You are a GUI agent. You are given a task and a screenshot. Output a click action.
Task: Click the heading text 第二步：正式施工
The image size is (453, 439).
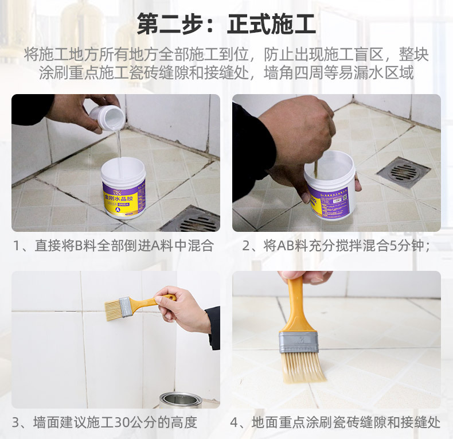pyautogui.click(x=226, y=24)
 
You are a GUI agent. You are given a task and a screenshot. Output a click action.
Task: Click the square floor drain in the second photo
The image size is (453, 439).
pyautogui.click(x=403, y=172)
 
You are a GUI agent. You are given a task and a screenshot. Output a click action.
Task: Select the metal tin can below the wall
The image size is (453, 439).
pyautogui.click(x=181, y=400)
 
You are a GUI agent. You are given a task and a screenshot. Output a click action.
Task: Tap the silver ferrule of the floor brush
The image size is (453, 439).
pyautogui.click(x=298, y=342)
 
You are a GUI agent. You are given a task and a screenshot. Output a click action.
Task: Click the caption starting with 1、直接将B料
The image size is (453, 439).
pyautogui.click(x=114, y=246)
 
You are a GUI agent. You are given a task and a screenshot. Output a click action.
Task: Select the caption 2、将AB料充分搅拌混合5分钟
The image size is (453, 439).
pyautogui.click(x=336, y=246)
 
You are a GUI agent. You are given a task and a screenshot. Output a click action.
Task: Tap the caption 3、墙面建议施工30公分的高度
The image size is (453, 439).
pyautogui.click(x=105, y=423)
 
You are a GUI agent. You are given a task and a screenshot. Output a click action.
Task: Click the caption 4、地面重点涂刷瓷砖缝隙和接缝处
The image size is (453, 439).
pyautogui.click(x=336, y=423)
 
